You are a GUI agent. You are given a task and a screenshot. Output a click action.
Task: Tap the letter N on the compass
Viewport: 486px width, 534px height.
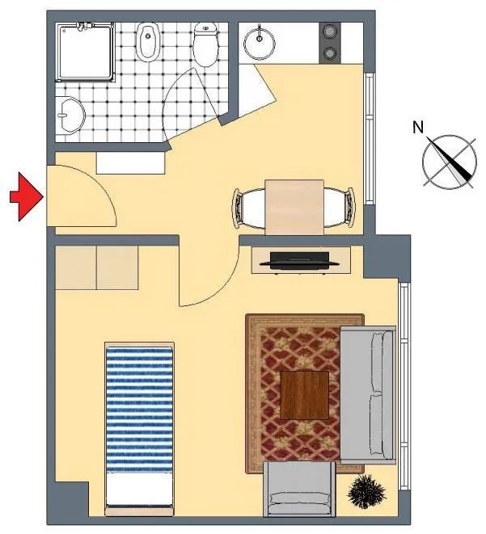pos(418,127)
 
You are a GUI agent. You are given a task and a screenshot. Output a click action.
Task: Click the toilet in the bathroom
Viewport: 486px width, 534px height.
pos(205,44)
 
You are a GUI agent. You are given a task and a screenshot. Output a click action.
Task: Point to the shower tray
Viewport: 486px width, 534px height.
pos(86,52)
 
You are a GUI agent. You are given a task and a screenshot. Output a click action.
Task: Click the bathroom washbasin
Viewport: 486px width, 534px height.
pos(70,115)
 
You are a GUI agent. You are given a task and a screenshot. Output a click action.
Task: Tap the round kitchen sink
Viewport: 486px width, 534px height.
pos(260,43)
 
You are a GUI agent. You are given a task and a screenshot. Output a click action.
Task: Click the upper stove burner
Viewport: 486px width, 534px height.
pos(330,32)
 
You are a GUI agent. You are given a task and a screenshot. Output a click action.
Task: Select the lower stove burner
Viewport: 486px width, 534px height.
pos(330,53)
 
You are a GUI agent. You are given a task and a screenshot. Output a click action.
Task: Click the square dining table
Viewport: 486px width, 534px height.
pos(294,207)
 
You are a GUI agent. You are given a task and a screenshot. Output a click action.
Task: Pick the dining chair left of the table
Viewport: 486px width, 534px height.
pos(248,208)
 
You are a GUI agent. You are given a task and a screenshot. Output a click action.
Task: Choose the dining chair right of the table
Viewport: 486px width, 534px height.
pos(340,208)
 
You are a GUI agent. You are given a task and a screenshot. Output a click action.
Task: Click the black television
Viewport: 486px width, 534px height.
pos(299,261)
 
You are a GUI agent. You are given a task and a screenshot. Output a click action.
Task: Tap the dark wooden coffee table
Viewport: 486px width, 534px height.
pos(304,395)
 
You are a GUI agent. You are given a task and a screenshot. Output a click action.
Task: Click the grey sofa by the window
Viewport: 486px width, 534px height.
pos(368,395)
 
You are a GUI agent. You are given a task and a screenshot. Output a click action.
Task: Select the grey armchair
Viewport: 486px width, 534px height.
pos(299,489)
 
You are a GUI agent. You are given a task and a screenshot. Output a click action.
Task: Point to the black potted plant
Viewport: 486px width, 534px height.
pos(366,492)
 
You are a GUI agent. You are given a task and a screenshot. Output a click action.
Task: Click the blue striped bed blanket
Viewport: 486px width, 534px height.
pos(139,410)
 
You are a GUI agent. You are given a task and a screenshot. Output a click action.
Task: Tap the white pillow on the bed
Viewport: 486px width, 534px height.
pos(139,489)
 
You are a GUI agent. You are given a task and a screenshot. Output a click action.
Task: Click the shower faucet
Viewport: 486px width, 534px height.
pos(82,26)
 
